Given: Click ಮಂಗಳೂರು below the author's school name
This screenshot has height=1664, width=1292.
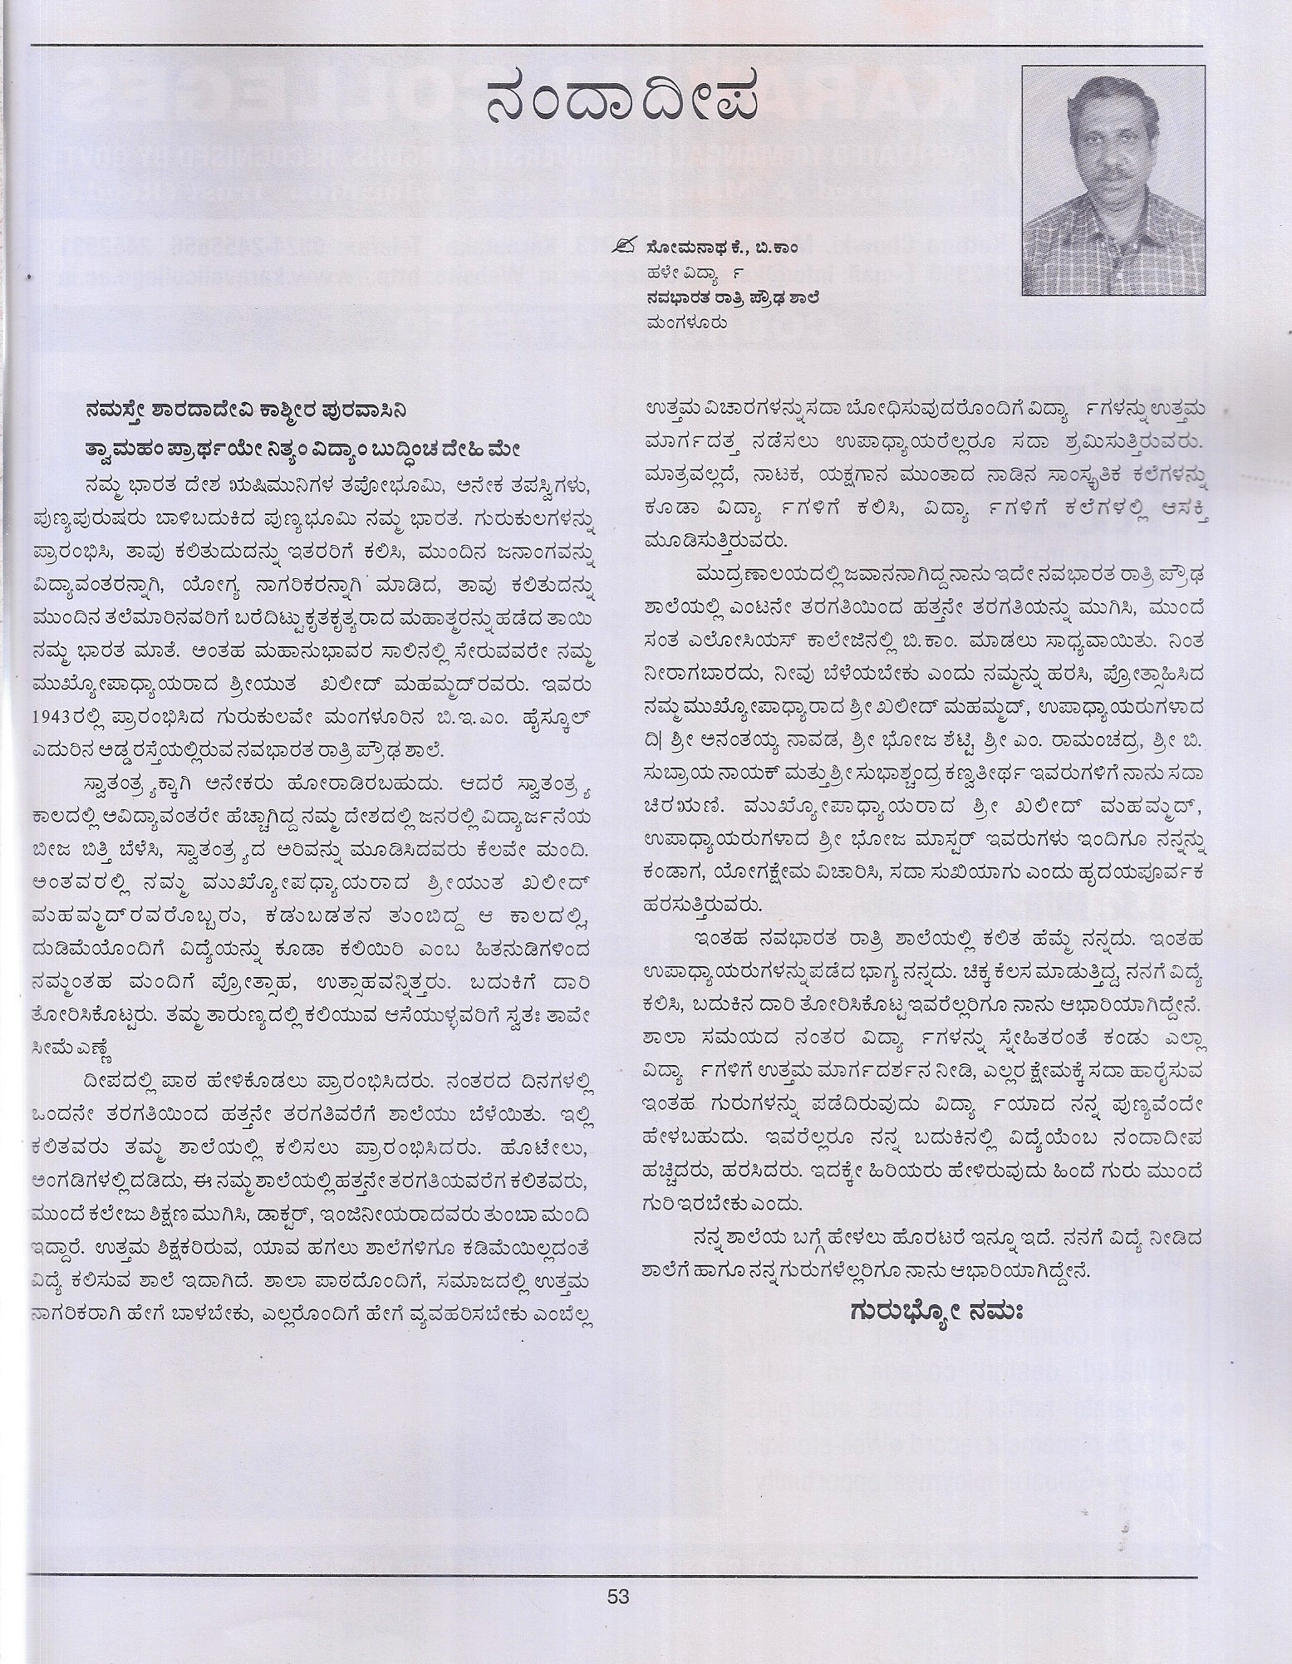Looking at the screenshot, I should coord(689,322).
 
